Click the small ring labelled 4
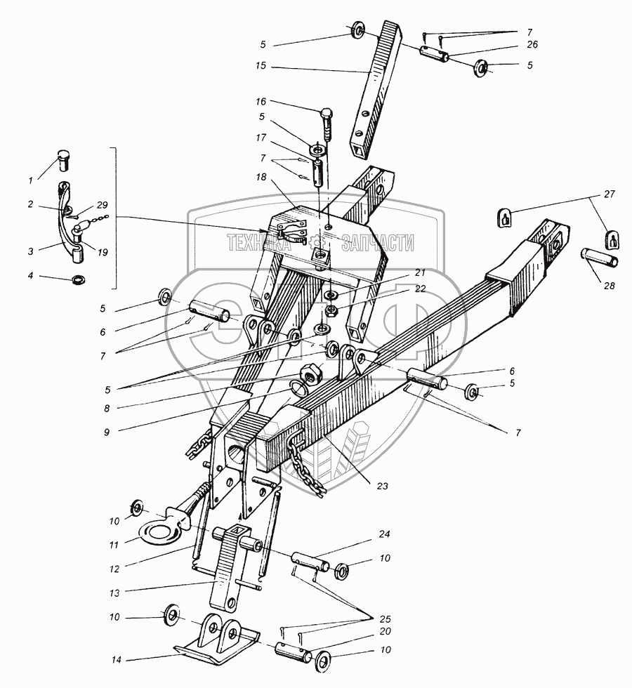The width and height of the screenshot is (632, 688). (x=77, y=282)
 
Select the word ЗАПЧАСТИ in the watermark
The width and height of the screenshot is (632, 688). (x=378, y=243)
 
